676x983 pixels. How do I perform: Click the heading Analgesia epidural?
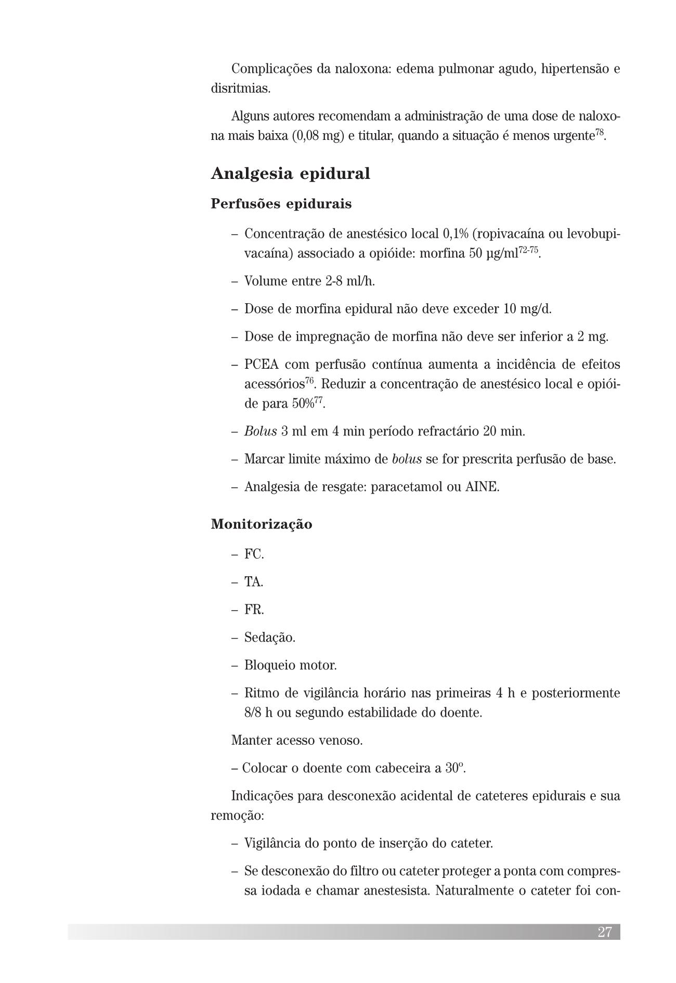[290, 174]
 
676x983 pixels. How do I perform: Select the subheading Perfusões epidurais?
[281, 204]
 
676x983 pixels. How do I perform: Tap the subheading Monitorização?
[262, 524]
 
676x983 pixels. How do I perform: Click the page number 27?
[605, 932]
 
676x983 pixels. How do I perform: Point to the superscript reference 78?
[600, 133]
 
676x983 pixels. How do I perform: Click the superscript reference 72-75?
[529, 251]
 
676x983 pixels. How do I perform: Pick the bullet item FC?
[254, 554]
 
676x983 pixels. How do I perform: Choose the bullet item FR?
[254, 610]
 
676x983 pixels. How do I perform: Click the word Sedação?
[269, 638]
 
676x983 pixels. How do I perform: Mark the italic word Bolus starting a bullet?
[261, 432]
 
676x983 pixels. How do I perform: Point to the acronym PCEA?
[261, 365]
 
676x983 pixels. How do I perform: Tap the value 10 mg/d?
[527, 309]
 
